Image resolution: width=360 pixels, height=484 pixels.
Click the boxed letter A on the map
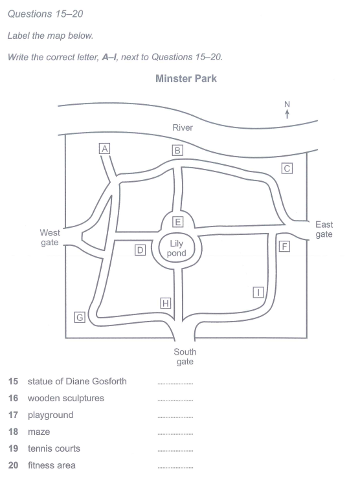pos(105,149)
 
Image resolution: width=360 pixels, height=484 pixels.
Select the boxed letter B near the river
pos(177,150)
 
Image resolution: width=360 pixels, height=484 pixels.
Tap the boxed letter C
pos(287,168)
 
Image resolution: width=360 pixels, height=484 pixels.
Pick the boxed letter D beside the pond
pos(140,250)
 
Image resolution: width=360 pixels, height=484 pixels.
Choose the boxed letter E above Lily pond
pos(178,222)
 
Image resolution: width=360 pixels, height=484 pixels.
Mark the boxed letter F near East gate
pos(284,247)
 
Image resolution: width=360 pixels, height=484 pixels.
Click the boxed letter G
pos(80,317)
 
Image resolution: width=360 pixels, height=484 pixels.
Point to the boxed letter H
pos(166,303)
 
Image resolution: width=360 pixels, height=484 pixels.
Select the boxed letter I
pos(258,292)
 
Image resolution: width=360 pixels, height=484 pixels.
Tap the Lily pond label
pos(177,248)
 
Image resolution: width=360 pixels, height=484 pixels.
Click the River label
pos(183,127)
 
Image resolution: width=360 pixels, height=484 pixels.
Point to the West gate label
pos(50,237)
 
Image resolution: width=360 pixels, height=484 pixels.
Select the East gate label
pos(324,229)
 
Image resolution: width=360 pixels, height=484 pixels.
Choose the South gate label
pos(185,357)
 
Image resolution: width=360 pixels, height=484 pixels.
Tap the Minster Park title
pos(186,78)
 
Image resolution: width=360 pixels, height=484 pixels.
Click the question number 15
pos(13,381)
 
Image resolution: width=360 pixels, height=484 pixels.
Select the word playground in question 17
pos(51,415)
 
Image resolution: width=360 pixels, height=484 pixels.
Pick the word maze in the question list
pos(39,432)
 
